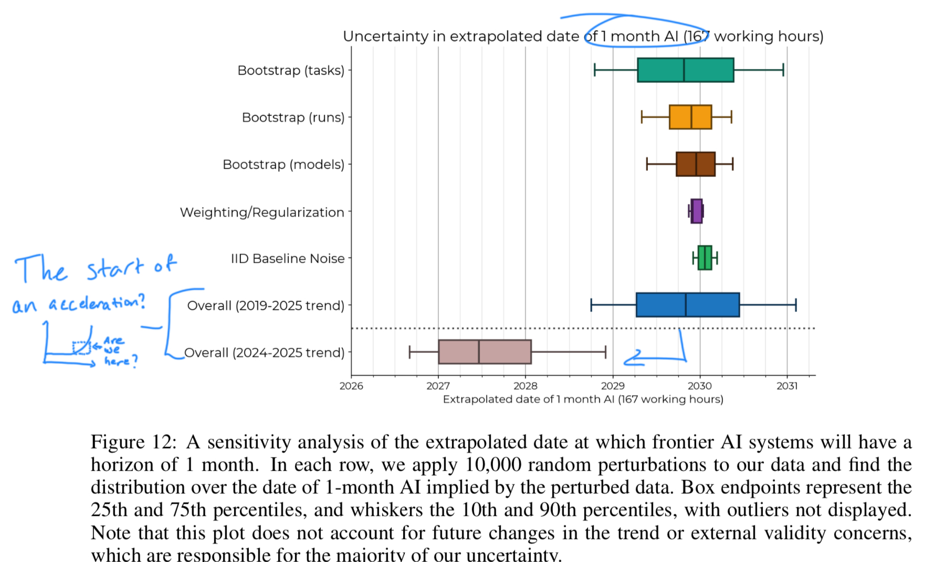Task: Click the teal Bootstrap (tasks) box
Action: pos(685,70)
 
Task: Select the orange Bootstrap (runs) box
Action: pos(690,117)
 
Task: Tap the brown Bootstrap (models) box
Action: pos(695,164)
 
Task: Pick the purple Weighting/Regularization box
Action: pos(696,211)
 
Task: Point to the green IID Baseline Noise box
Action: pos(705,258)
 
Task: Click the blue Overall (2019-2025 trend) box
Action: pos(687,305)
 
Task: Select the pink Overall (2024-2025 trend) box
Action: pos(485,352)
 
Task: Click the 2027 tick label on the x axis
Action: pos(438,386)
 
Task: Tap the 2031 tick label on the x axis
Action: pos(787,386)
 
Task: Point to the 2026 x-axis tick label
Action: pos(351,386)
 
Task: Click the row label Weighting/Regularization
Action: pos(262,212)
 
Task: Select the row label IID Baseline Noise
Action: pos(288,258)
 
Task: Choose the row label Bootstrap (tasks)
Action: pos(291,70)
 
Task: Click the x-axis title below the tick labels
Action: pos(583,399)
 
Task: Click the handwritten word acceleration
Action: pos(97,304)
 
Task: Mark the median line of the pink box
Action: pos(479,352)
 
